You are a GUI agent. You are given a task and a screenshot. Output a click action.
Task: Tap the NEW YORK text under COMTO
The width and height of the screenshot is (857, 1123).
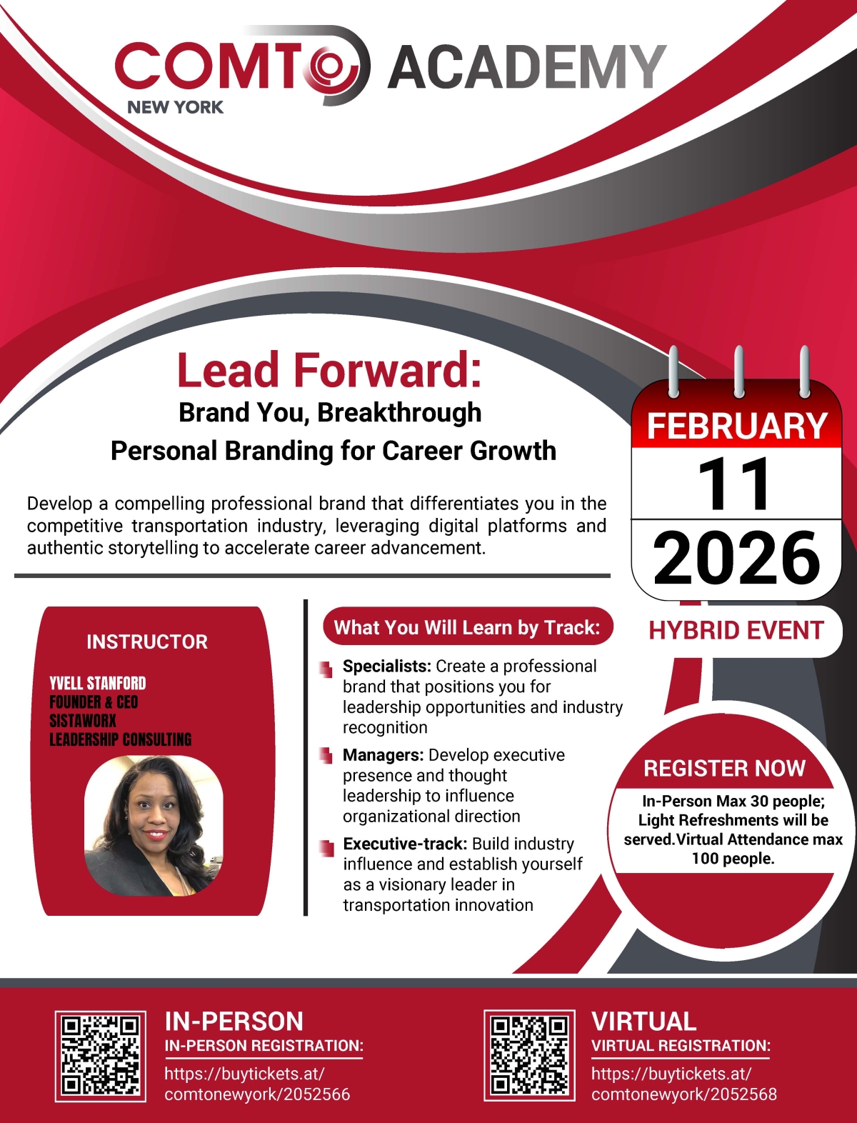coord(175,107)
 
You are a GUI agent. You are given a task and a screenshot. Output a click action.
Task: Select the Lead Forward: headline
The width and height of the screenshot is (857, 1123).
coord(329,370)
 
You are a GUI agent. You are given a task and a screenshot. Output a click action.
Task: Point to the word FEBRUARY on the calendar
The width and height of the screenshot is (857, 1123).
coord(736,426)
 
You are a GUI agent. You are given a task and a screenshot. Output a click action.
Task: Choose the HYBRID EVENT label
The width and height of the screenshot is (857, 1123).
coord(736,630)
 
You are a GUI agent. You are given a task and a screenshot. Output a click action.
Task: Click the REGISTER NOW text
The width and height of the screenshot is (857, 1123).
coord(724,768)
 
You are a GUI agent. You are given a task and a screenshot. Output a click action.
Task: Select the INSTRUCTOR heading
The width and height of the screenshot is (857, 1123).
coord(147,642)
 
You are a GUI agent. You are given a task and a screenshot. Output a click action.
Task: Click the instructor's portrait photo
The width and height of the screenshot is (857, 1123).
coord(154,826)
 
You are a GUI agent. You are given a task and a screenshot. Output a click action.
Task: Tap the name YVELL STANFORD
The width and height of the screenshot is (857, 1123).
coord(97,683)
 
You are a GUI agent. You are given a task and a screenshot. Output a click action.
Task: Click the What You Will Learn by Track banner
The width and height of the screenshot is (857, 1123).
coord(467,627)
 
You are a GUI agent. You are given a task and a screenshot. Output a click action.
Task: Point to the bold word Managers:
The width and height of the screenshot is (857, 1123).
coord(384,755)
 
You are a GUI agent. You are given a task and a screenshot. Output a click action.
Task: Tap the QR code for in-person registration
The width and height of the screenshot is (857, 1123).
coord(101,1055)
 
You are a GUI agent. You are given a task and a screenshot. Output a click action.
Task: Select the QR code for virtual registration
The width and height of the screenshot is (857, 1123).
coord(529,1055)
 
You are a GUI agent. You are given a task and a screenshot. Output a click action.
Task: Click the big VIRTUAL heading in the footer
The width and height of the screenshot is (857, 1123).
coord(643,1021)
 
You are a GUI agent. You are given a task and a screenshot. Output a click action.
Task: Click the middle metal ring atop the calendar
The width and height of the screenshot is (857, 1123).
coord(738,370)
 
